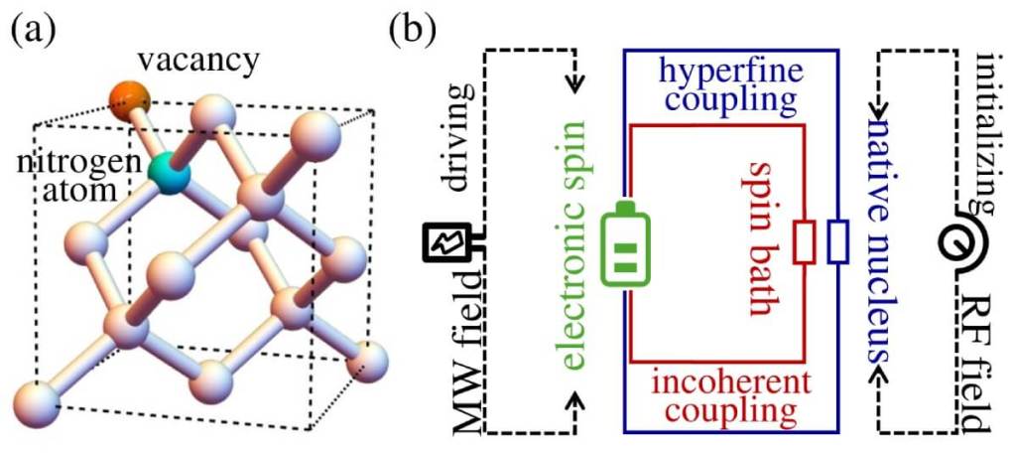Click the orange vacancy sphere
pos(130,99)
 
